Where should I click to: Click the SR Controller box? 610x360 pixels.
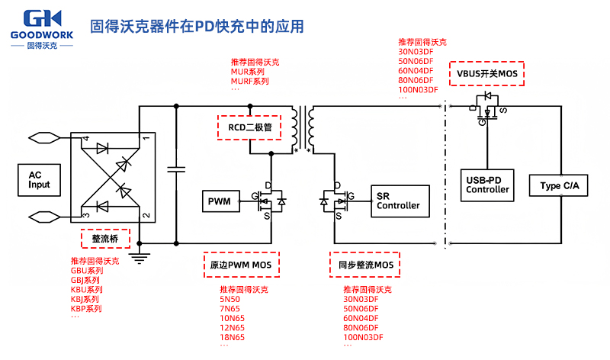point(397,201)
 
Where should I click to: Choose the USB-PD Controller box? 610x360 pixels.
point(488,185)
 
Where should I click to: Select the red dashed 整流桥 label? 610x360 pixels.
point(105,239)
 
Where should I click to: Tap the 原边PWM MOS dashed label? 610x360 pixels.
point(241,265)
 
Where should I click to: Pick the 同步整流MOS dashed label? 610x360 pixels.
point(366,265)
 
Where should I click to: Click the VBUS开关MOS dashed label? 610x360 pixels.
point(488,74)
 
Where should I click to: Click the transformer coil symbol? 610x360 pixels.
point(302,128)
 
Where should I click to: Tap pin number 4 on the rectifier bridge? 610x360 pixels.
point(86,139)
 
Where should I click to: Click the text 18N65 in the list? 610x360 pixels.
point(232,337)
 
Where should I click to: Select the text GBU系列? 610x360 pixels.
point(86,271)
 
